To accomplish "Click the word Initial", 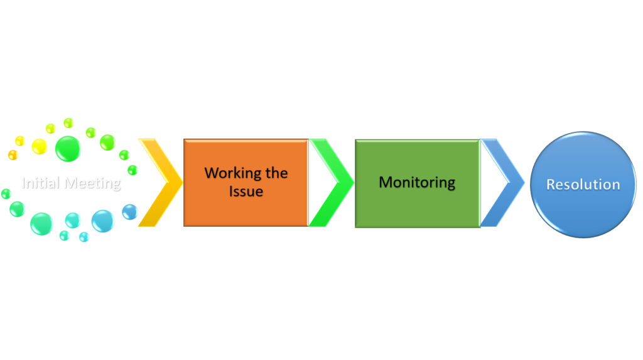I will point(41,183).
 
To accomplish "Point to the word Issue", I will point(246,191).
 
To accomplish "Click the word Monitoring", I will point(417,183).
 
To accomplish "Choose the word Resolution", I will point(583,185).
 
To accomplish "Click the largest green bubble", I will point(68,148).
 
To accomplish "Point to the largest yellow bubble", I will point(40,146).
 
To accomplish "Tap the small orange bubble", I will point(13,155).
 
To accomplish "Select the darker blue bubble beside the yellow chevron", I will point(130,212).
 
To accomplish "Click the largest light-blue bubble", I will point(103,221).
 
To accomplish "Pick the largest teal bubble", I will point(41,224).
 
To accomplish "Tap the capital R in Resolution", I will point(551,185).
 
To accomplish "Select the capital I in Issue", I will point(231,191).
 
